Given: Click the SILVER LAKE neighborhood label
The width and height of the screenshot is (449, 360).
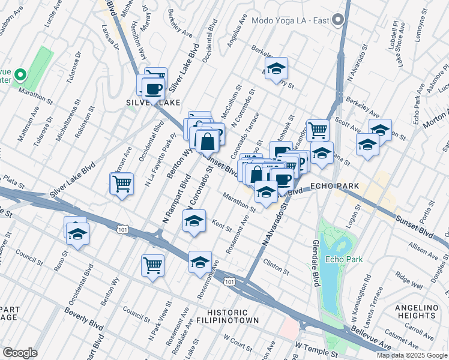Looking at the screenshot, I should pyautogui.click(x=147, y=103).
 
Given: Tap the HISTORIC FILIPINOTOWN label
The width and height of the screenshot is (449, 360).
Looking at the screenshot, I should pyautogui.click(x=227, y=318).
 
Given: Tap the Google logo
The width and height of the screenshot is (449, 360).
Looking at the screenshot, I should pyautogui.click(x=20, y=352).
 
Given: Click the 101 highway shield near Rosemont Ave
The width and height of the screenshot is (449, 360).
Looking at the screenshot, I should pyautogui.click(x=228, y=281).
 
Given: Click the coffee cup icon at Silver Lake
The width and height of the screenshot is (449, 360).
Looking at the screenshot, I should pyautogui.click(x=154, y=89).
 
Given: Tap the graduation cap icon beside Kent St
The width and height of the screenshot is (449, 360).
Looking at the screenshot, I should pyautogui.click(x=194, y=221).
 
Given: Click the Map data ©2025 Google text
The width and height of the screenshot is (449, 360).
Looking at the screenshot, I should pyautogui.click(x=412, y=355).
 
